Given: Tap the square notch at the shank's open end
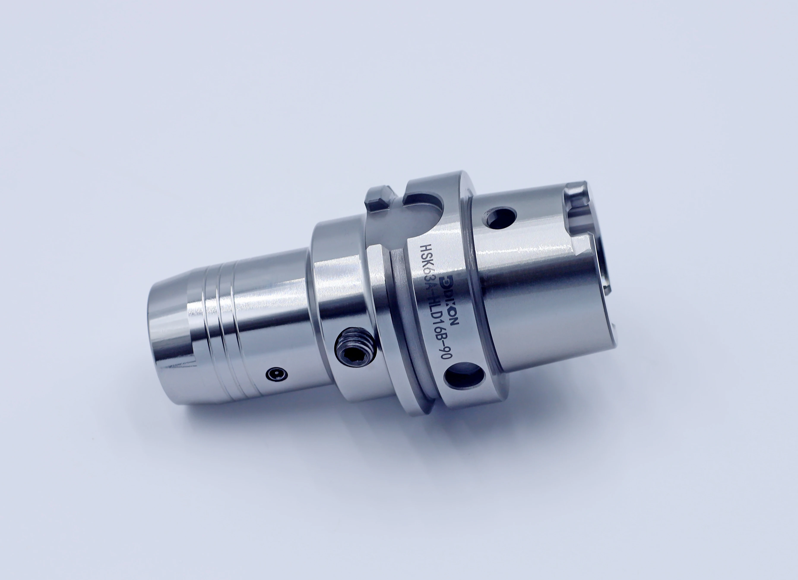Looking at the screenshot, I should pos(577,204).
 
